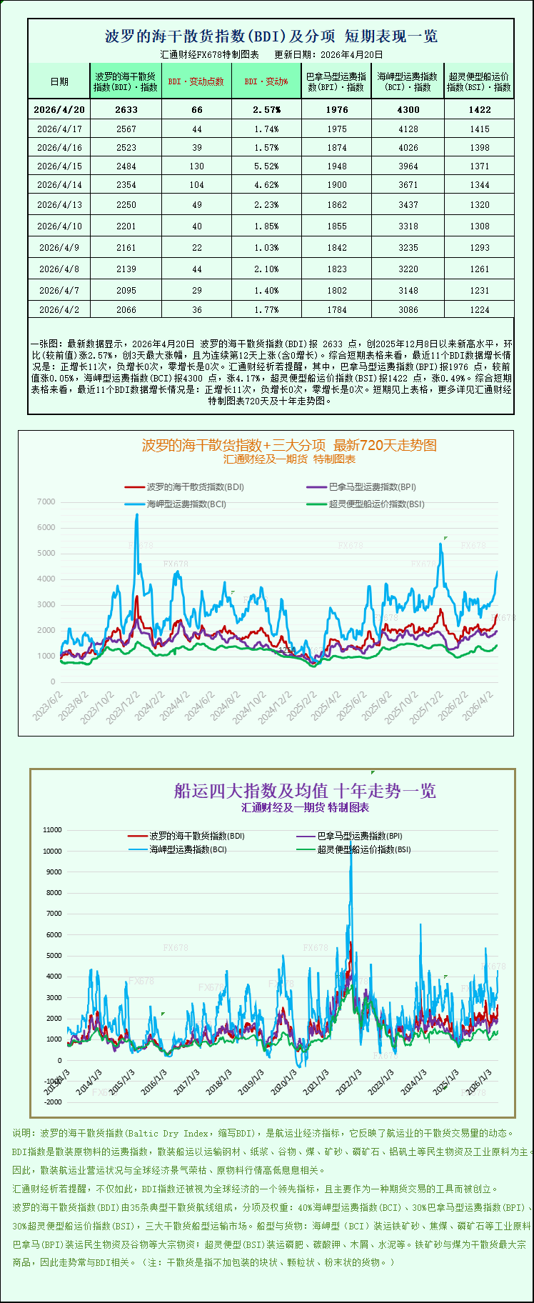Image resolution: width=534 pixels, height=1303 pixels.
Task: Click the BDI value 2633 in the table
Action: click(x=126, y=109)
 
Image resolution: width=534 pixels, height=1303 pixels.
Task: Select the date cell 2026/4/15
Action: click(x=59, y=166)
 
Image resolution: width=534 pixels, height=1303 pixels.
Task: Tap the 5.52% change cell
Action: click(x=266, y=166)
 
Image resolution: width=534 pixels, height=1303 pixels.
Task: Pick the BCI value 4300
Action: click(x=408, y=109)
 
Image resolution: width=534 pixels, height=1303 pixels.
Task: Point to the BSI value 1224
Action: click(x=480, y=309)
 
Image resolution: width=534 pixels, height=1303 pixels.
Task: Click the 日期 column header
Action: click(x=59, y=81)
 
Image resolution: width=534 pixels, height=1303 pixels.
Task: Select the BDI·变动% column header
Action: click(x=266, y=81)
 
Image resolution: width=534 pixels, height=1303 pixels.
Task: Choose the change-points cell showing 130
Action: click(x=196, y=166)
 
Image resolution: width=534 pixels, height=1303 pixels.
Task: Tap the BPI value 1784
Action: click(x=337, y=309)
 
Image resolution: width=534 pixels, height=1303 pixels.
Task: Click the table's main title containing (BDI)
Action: click(x=271, y=36)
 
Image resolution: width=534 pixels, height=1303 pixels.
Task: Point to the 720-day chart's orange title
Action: click(x=289, y=445)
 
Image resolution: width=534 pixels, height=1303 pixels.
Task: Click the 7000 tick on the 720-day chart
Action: click(x=46, y=502)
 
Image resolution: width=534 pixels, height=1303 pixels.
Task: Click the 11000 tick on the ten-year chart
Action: click(x=53, y=830)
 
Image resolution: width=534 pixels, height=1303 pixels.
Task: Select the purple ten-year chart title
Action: click(x=305, y=791)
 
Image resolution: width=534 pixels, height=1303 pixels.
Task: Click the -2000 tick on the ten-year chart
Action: click(x=53, y=1102)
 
